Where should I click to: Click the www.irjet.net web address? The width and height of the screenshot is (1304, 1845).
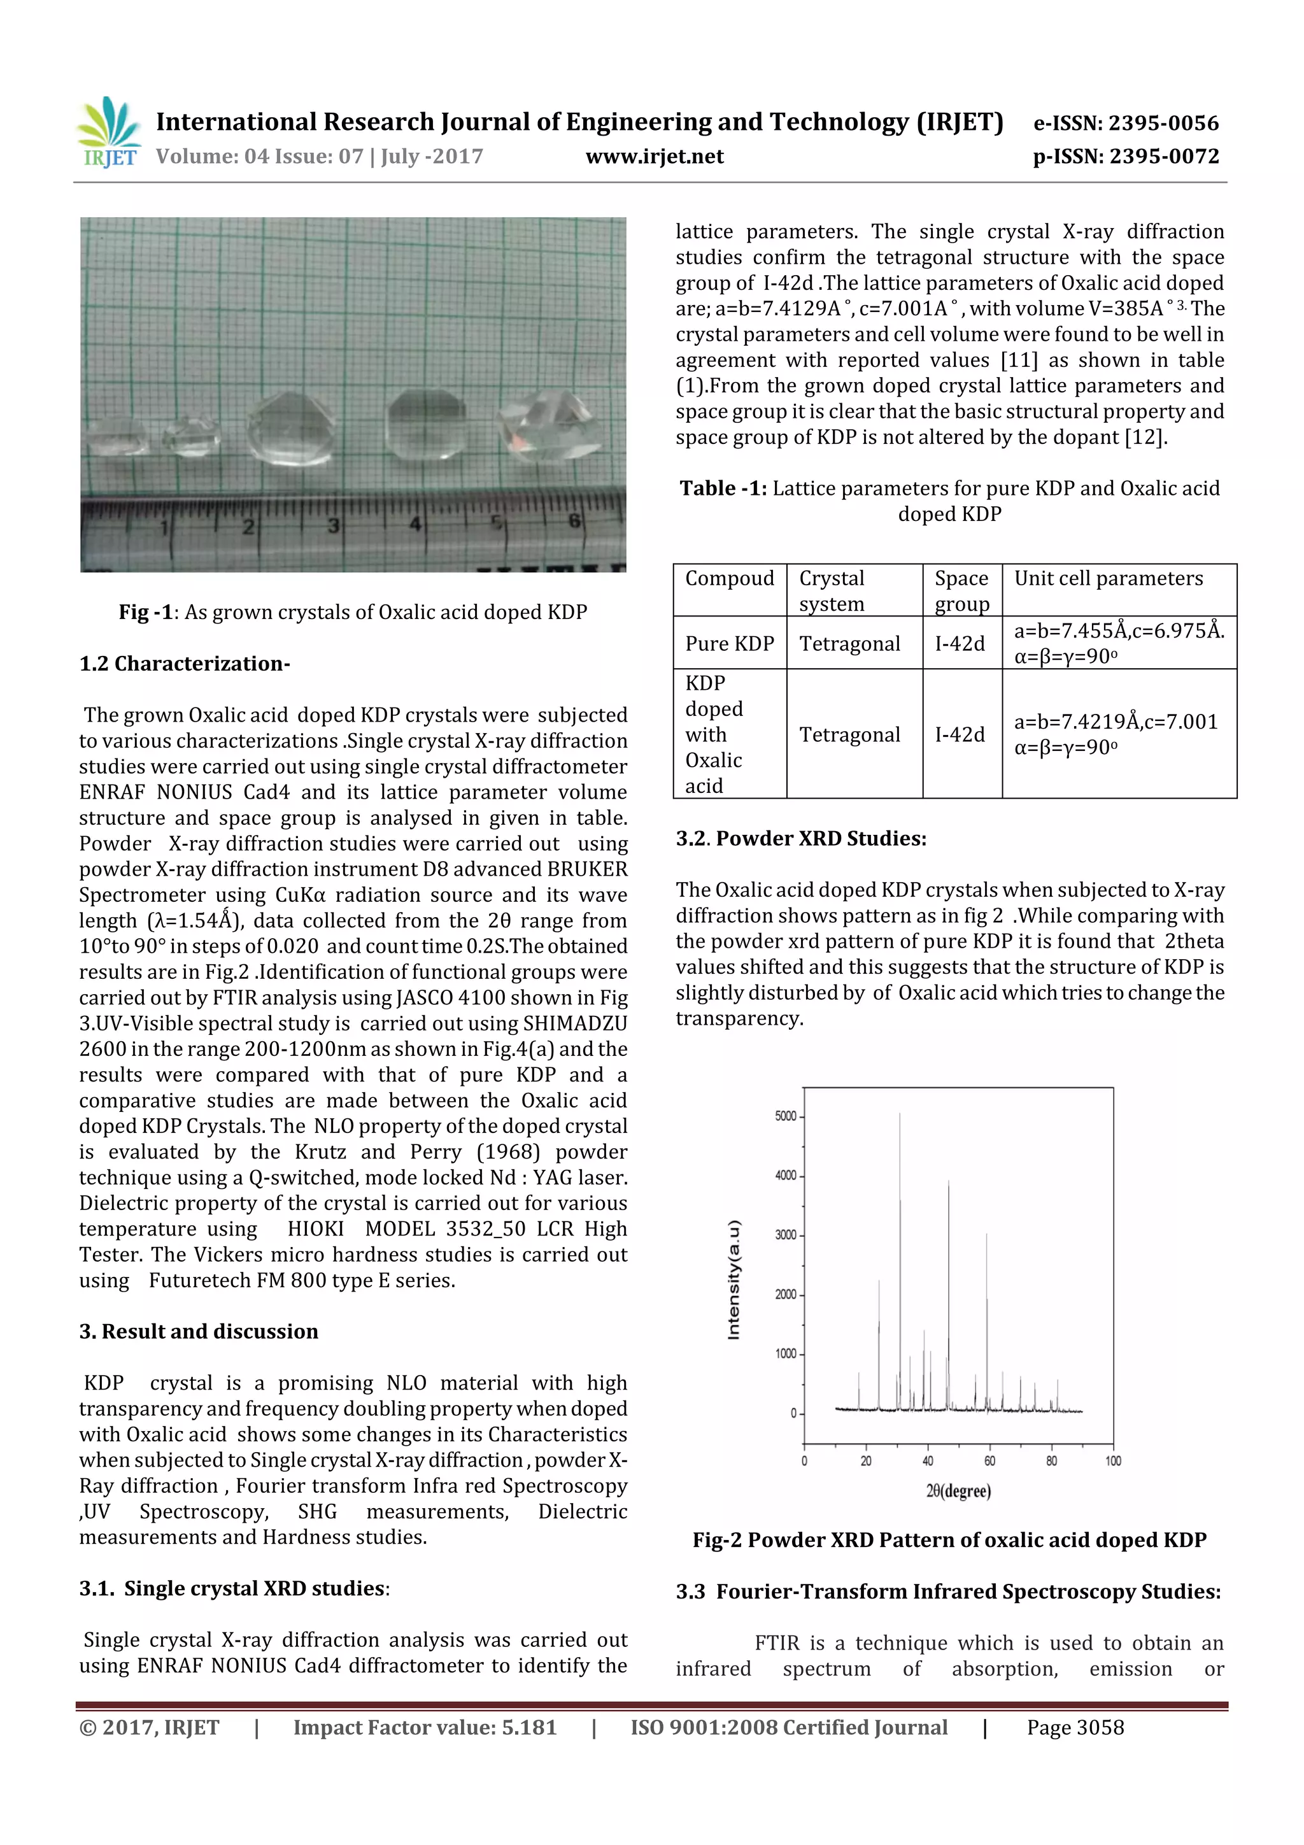654,157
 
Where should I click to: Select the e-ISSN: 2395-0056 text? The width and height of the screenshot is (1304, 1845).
1126,123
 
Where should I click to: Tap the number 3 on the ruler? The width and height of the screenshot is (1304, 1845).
332,526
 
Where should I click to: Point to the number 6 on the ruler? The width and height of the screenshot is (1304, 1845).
574,521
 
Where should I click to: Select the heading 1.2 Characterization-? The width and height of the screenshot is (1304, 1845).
184,664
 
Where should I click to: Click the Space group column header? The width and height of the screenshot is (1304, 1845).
961,590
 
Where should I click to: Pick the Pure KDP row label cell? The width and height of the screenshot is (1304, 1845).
729,644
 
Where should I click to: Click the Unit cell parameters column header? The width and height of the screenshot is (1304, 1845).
1108,578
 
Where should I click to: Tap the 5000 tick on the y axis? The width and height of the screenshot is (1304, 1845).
785,1116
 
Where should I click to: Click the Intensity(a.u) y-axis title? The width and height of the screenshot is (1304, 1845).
733,1280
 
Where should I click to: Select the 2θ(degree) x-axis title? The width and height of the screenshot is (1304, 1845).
958,1492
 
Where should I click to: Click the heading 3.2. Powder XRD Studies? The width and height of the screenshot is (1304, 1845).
800,839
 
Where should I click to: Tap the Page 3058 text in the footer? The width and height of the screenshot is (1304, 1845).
1074,1728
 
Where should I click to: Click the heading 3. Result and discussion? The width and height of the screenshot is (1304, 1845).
199,1332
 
